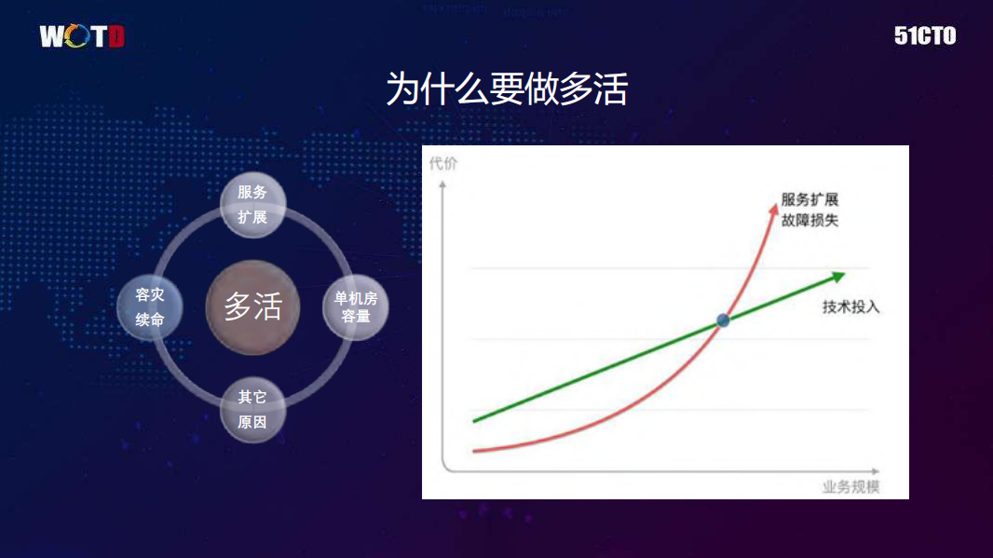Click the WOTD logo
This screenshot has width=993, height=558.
coord(82,36)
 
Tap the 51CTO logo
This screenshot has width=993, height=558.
coord(924,36)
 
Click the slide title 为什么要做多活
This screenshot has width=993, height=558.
coord(507,90)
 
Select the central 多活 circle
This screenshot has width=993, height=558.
coord(252,307)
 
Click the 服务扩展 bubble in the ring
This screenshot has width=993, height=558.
coord(252,205)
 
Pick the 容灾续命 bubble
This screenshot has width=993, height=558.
coord(150,307)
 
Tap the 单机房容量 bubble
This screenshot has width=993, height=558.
coord(356,307)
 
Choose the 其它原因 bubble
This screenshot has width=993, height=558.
coord(252,410)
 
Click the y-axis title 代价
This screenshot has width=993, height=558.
coord(443,165)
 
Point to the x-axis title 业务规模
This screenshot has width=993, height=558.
coord(851,486)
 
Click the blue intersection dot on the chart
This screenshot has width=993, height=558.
coord(723,320)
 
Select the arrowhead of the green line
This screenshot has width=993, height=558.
coord(838,276)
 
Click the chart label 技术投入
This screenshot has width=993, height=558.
coord(850,306)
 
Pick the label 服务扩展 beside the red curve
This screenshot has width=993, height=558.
coord(809,200)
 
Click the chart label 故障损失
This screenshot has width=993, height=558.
coord(809,221)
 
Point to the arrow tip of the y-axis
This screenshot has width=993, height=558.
coord(443,182)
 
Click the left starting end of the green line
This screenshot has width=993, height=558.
coord(475,421)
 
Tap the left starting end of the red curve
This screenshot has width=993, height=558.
coord(475,451)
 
